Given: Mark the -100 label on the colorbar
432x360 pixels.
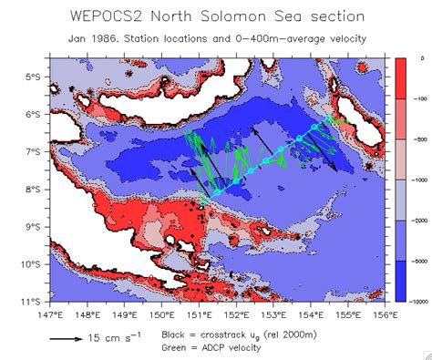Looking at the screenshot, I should [415, 98].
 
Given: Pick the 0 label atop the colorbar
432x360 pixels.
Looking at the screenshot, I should [409, 57].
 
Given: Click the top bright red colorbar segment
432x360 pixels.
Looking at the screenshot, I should [397, 77].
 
